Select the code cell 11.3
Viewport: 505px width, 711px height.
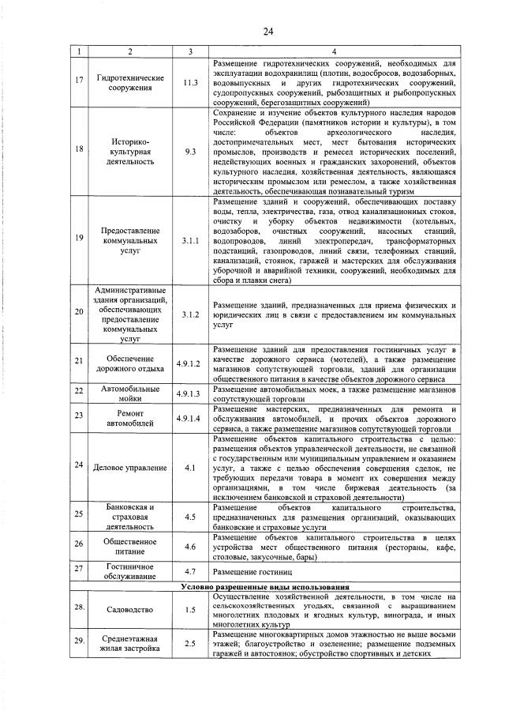coord(189,83)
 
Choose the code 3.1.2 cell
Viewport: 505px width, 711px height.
coord(189,314)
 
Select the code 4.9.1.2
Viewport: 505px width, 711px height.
coord(189,361)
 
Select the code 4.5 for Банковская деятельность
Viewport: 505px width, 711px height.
coord(189,517)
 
